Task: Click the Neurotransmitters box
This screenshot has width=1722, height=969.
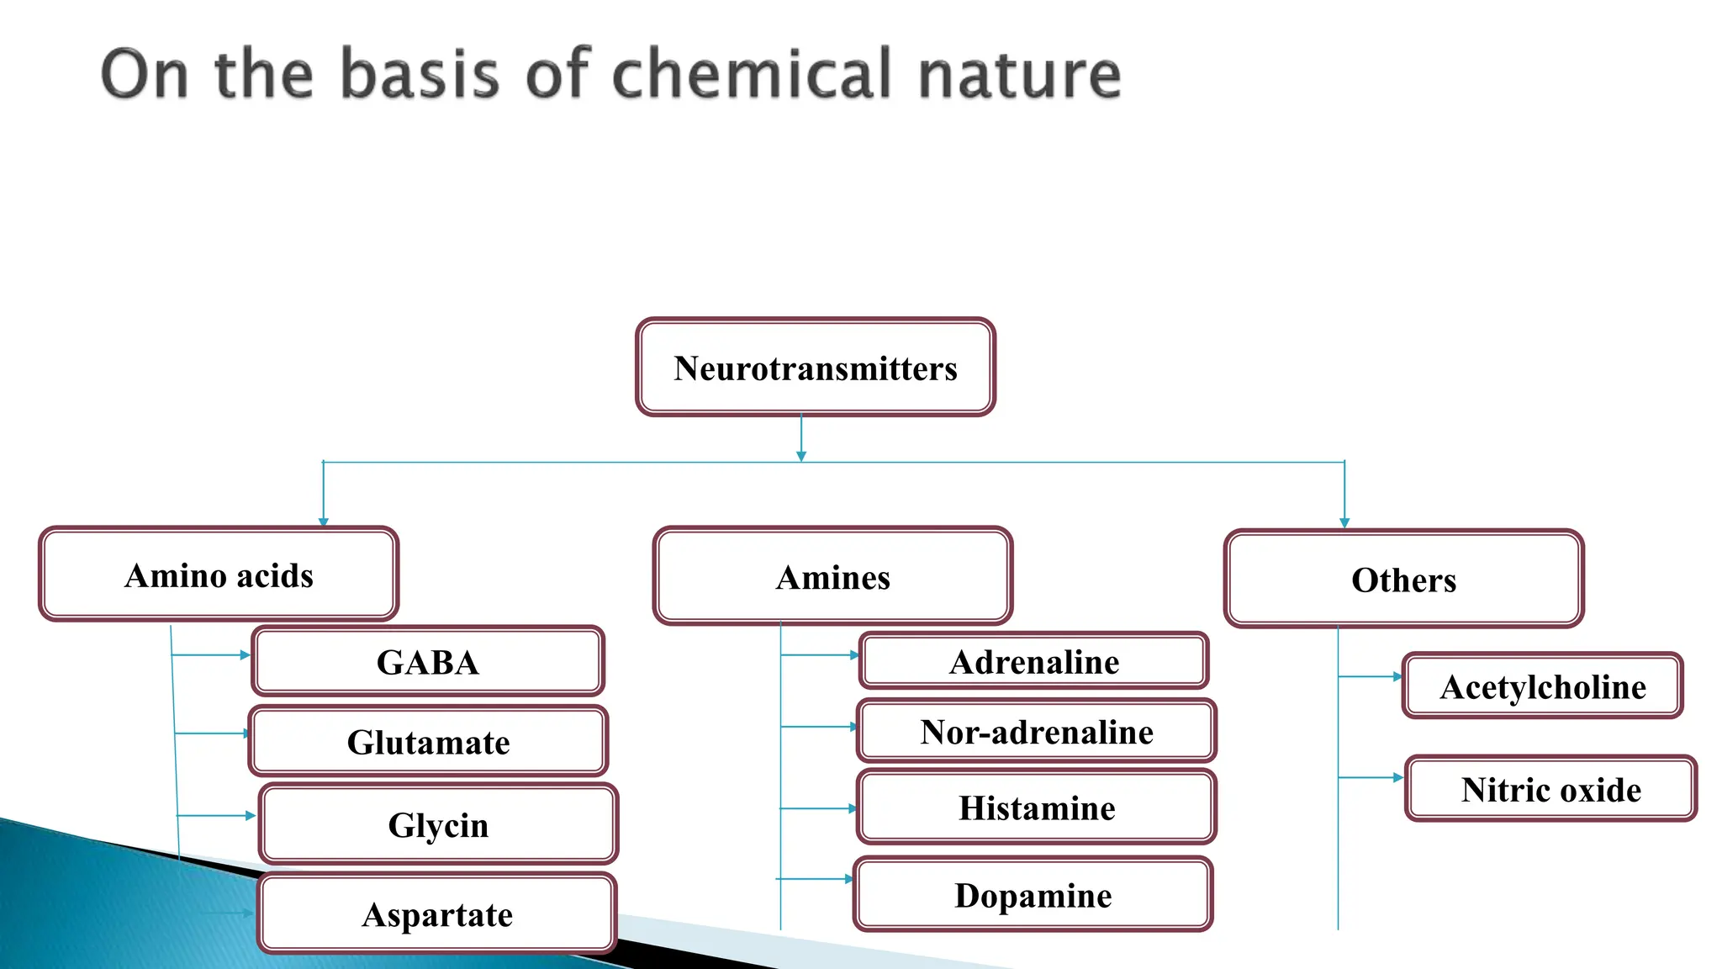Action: (816, 368)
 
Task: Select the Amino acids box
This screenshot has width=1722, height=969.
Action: (219, 575)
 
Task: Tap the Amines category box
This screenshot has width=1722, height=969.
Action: (832, 577)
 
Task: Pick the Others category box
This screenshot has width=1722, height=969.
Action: (1403, 580)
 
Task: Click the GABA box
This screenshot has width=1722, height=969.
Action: (428, 662)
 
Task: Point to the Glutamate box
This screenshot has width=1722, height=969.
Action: (428, 742)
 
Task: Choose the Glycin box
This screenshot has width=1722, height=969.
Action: (438, 824)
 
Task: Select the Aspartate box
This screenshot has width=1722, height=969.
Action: (437, 914)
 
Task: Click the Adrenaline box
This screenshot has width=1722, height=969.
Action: (1034, 662)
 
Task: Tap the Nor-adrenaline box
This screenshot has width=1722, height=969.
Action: (1037, 732)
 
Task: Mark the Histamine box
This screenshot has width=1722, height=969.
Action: (1037, 807)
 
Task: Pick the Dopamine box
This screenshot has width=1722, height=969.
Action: (1033, 895)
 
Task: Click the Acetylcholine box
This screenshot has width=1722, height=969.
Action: (1543, 686)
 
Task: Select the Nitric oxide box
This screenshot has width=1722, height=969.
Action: (1551, 789)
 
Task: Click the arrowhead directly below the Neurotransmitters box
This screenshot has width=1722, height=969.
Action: (801, 456)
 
